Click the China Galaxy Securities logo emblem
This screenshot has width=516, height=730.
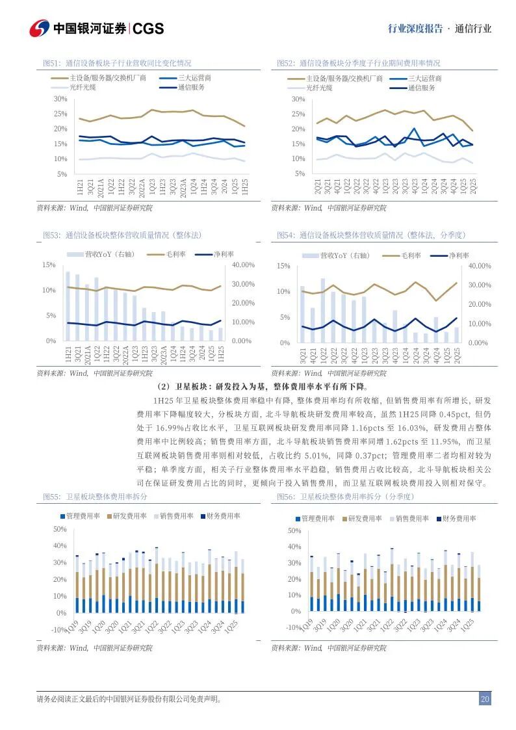tap(40, 29)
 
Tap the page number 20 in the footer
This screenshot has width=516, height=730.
tap(485, 699)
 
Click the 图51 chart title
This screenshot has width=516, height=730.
tap(117, 63)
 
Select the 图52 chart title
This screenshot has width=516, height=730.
tap(358, 63)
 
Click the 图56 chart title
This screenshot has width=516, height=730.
tap(345, 497)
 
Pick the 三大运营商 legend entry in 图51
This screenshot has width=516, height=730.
tap(194, 77)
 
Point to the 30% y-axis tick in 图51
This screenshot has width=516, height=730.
tap(60, 99)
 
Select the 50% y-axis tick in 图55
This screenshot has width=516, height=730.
tap(60, 530)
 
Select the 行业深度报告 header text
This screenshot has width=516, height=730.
tap(415, 29)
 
